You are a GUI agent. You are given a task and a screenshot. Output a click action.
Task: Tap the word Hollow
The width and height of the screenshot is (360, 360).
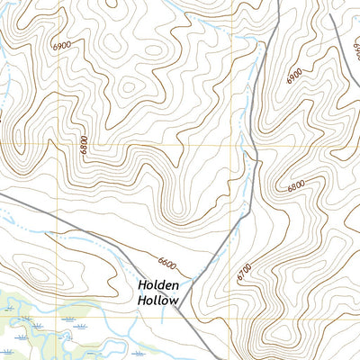point(160,301)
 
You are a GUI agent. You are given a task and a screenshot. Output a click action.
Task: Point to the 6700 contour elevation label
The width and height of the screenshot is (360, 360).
point(245,272)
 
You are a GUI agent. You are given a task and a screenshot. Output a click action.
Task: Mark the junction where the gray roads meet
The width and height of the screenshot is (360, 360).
point(179,309)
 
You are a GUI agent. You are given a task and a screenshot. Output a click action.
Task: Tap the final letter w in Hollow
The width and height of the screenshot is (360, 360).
point(176,301)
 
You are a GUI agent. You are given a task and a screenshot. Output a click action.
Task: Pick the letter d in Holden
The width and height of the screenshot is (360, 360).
point(161,285)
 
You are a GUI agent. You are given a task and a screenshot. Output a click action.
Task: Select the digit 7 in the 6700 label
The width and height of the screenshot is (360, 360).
point(245,274)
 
